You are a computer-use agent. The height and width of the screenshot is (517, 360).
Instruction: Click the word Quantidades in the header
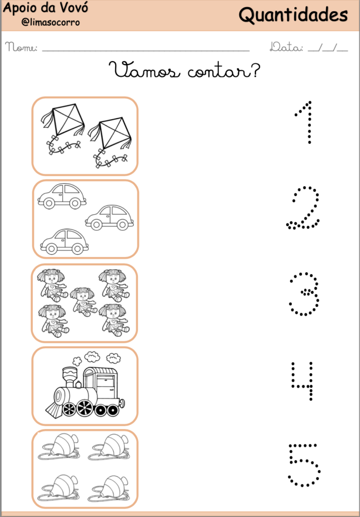click(293, 15)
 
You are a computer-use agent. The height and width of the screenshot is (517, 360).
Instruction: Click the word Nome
click(21, 48)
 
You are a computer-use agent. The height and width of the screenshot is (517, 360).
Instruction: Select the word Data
click(286, 48)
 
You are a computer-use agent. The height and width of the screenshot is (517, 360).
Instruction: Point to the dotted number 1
click(305, 122)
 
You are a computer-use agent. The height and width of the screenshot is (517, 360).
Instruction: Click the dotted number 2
click(303, 208)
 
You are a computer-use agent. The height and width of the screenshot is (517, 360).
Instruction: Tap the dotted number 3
click(304, 294)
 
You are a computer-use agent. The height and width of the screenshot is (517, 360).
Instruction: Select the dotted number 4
click(303, 381)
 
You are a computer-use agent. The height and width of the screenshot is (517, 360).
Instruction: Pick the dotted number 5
click(304, 464)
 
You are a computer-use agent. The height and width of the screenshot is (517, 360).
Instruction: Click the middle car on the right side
click(109, 217)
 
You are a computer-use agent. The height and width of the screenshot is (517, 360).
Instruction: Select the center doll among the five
click(83, 300)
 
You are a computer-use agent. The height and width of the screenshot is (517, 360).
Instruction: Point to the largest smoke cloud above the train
click(92, 357)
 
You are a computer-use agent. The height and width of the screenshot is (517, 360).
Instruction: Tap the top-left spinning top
click(61, 447)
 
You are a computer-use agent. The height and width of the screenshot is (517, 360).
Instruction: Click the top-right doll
click(113, 284)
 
